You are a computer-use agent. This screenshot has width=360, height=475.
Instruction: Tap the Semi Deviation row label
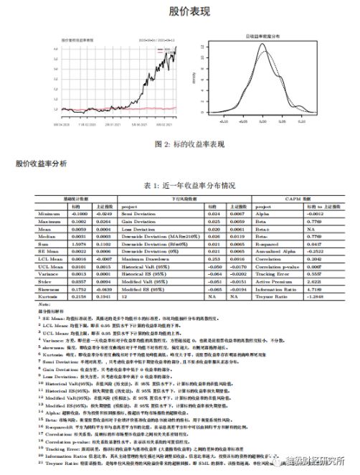[136, 213]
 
